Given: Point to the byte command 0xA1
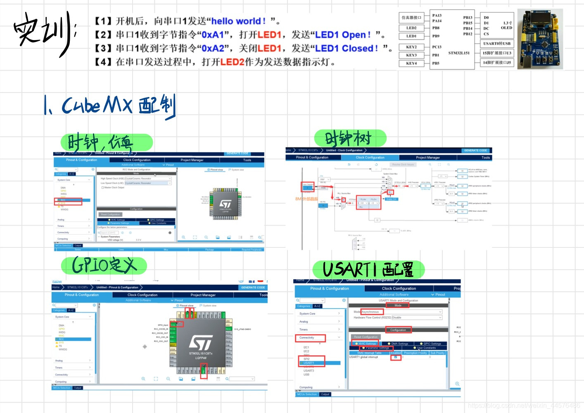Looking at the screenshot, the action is point(213,35).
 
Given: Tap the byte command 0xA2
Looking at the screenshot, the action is point(213,48).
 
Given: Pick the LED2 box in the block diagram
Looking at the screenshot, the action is point(411,28).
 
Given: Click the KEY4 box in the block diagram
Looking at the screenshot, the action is point(411,63).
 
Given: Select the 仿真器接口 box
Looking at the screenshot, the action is point(411,17).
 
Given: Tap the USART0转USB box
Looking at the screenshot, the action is point(497,43).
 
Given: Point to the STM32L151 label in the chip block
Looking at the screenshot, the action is point(459,53).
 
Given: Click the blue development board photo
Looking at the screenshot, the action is point(540,39).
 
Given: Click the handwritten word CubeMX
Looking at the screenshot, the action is point(97,105).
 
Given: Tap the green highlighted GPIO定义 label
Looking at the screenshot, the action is point(104,266).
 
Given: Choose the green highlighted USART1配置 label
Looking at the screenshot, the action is point(368,270).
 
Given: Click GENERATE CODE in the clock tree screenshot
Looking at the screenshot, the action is point(475,150).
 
